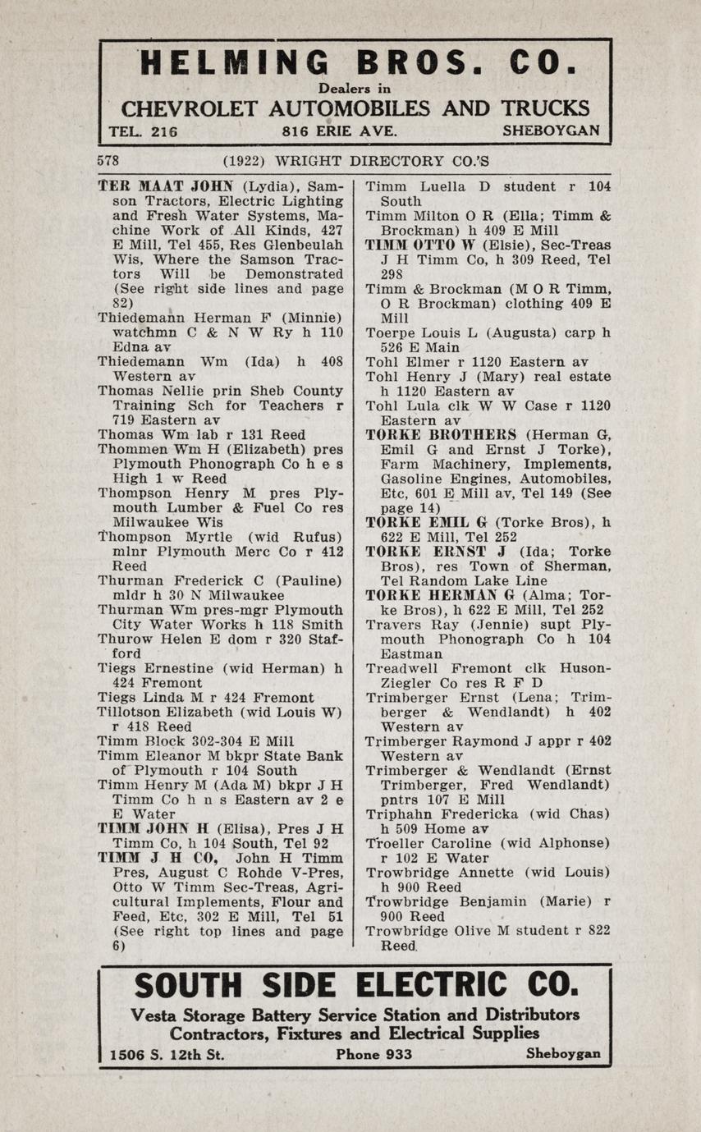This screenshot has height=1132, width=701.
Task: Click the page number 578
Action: click(x=108, y=161)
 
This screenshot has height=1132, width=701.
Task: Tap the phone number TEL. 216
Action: click(x=143, y=131)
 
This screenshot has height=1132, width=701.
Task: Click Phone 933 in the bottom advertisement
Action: click(x=374, y=1054)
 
